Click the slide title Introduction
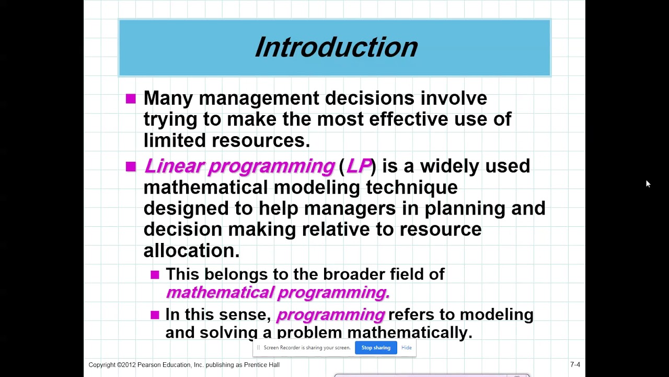pos(336,47)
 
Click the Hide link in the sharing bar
pos(406,348)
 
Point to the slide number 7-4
pos(575,364)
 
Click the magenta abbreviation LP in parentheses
pos(358,166)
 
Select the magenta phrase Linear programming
pos(239,166)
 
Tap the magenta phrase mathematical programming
pos(278,292)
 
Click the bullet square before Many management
pos(131,98)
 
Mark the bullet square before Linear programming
pos(131,167)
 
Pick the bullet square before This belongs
pos(155,274)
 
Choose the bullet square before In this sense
pos(155,315)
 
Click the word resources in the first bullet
pos(260,140)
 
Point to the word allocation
pos(191,250)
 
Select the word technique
pos(411,187)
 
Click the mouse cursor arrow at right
pos(648,183)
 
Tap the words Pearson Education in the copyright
pos(165,364)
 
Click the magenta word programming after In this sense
pos(330,315)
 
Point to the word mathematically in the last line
pos(409,332)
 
